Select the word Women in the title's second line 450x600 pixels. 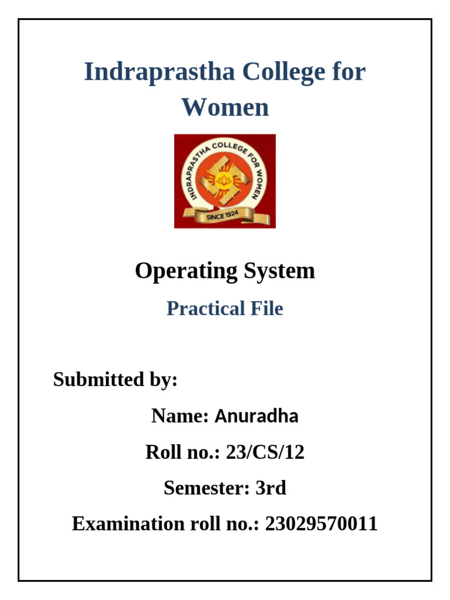[x=225, y=108]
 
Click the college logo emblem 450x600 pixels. [x=225, y=181]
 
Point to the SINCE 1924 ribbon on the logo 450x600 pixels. [x=225, y=217]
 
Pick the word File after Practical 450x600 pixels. [x=267, y=308]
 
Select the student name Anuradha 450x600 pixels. [x=257, y=416]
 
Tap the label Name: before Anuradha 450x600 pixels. [x=180, y=416]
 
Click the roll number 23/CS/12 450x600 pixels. [x=265, y=452]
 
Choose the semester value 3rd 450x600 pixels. [x=271, y=488]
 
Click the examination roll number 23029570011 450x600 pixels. [x=321, y=524]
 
